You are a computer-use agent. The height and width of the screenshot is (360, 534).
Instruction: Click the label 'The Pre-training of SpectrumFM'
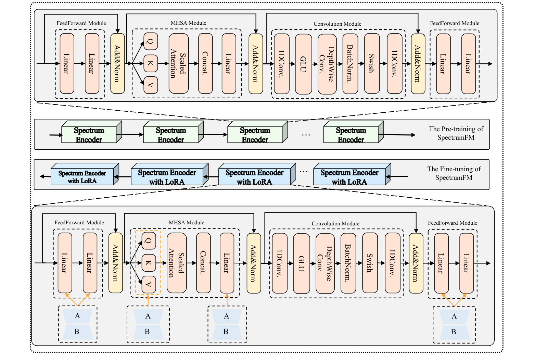point(456,133)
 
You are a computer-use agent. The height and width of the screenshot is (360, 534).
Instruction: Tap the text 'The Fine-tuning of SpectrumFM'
point(454,173)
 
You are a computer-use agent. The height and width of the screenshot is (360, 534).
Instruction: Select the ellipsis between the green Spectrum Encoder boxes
point(306,135)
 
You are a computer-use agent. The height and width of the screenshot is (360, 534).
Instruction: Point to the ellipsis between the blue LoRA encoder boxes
point(303,172)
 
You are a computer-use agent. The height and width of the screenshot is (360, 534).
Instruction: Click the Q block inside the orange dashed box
point(149,241)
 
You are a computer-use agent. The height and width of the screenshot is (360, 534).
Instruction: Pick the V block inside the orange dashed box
point(149,284)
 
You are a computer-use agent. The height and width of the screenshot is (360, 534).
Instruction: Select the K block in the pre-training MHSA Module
point(151,63)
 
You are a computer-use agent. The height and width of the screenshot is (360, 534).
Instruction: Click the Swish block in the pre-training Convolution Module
point(372,63)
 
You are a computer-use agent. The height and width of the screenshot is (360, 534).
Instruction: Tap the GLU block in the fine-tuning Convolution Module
point(301,263)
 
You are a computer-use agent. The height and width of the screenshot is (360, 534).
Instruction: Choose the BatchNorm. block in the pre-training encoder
point(350,63)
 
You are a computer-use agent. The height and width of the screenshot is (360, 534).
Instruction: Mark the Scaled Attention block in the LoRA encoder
point(177,263)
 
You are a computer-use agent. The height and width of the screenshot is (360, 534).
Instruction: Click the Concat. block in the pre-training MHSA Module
point(205,63)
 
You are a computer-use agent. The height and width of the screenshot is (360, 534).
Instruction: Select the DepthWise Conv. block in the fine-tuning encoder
point(325,263)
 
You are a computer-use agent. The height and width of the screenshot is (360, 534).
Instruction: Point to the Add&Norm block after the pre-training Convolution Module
point(418,63)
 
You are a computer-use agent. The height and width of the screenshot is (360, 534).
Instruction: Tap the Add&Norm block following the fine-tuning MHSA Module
point(254,263)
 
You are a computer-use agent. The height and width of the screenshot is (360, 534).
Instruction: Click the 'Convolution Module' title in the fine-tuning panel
point(335,224)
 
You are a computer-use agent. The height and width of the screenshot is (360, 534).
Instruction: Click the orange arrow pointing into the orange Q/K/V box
point(148,300)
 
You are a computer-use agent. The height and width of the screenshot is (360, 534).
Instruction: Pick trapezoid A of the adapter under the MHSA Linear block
point(227,316)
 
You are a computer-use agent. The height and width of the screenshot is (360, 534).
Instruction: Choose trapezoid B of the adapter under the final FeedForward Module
point(454,332)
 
